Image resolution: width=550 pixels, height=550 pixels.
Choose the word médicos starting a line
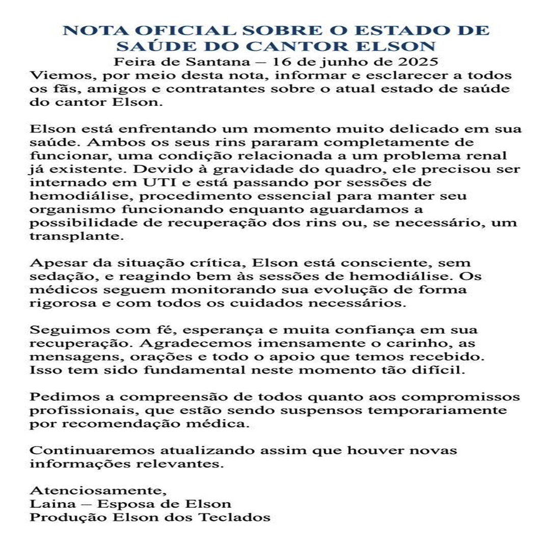(x=62, y=290)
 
